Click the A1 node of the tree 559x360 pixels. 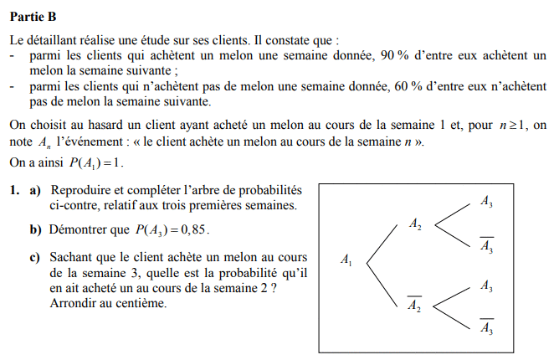tap(346, 261)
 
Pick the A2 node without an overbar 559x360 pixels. tap(415, 224)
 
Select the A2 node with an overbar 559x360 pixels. tap(414, 305)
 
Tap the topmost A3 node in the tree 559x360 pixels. tap(487, 201)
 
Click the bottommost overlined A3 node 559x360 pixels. tap(486, 327)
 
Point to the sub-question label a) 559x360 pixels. tap(36, 192)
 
